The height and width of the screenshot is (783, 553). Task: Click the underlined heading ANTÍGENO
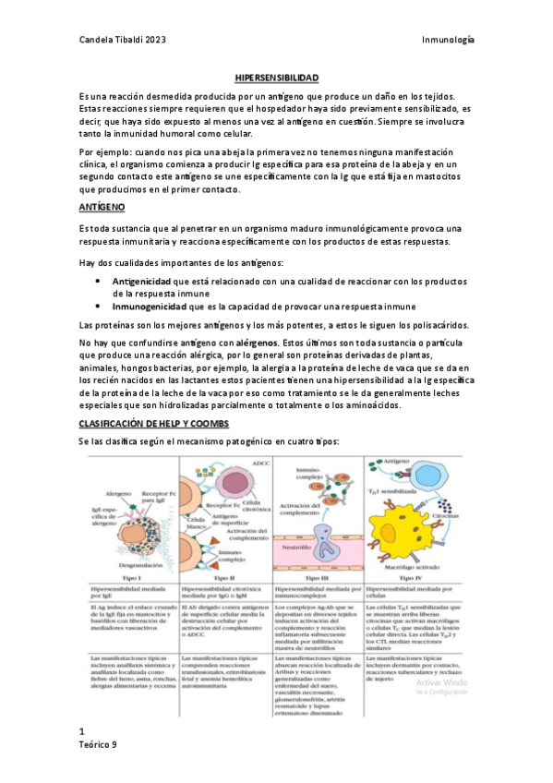coord(102,209)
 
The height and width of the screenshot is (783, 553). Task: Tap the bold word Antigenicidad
coord(146,279)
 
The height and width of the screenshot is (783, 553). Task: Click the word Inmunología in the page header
coord(448,41)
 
